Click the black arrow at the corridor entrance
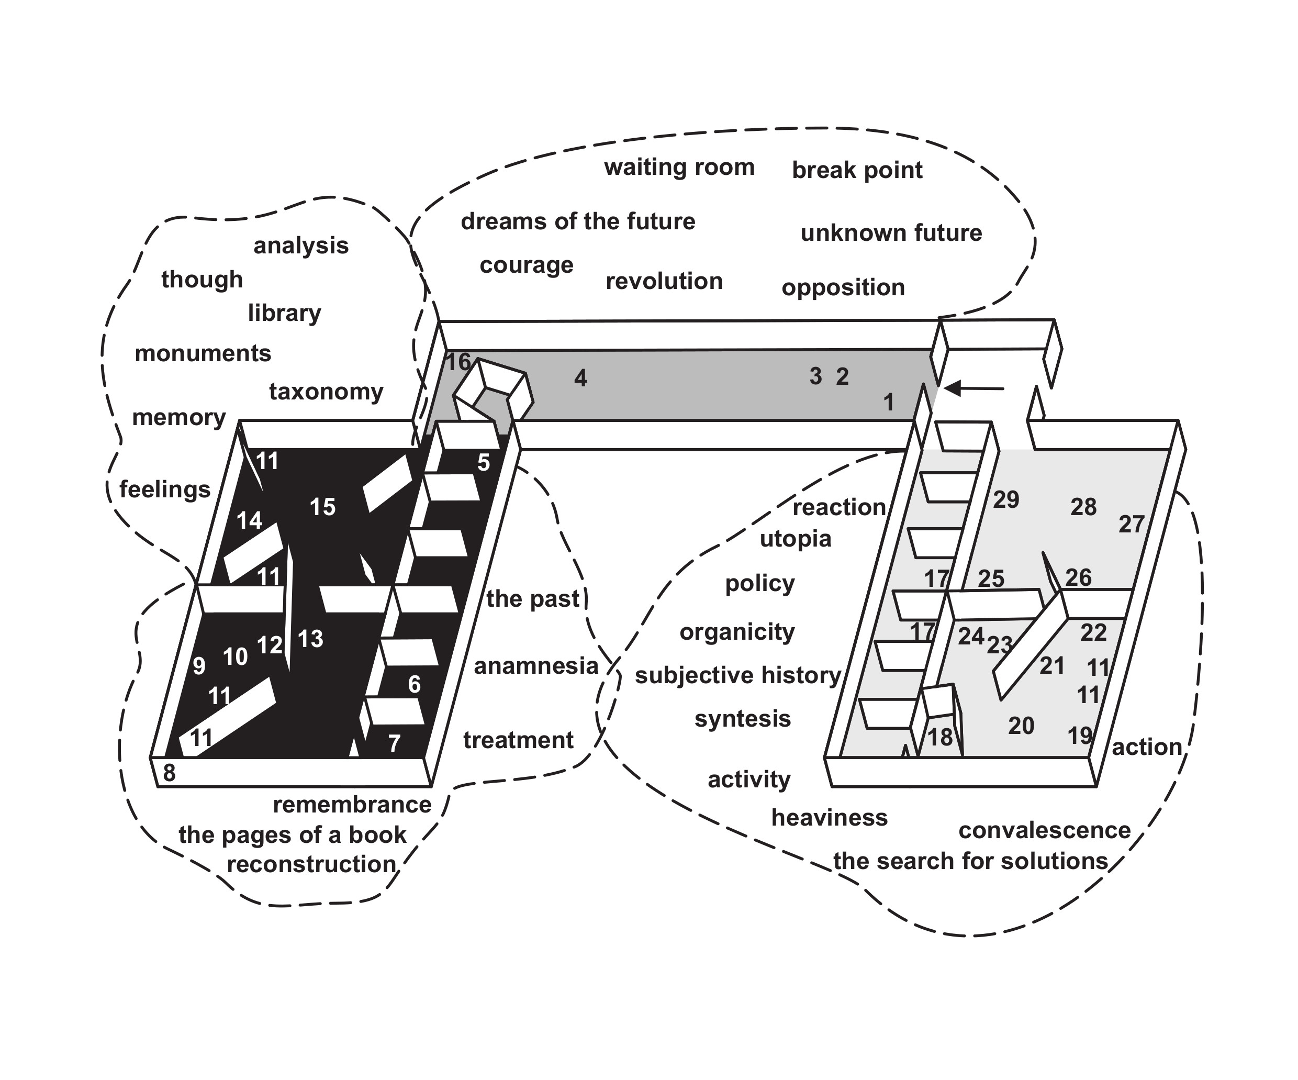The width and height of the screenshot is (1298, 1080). tap(974, 388)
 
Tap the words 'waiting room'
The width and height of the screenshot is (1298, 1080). tap(679, 168)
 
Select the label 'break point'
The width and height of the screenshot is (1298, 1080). tap(857, 170)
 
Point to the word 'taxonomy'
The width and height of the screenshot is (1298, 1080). tap(326, 392)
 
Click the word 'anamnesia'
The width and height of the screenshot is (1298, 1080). tap(535, 666)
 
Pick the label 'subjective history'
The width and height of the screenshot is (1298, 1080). tap(737, 675)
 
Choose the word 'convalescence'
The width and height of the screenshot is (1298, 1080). tap(1044, 830)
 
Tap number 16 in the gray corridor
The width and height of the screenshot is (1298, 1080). tap(458, 362)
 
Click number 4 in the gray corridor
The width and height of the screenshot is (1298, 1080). tap(580, 378)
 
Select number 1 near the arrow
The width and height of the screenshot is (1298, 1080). tap(888, 403)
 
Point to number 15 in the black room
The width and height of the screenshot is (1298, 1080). tap(322, 507)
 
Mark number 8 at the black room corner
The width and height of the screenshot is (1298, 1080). tap(169, 773)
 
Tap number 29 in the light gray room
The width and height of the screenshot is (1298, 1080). tap(1005, 499)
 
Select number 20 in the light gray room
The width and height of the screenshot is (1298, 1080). tap(1021, 726)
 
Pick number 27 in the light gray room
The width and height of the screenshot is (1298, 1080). tap(1131, 524)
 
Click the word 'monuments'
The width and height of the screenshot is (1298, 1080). tap(203, 353)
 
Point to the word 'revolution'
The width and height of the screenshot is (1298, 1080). tap(664, 281)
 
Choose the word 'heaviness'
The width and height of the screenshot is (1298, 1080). tap(829, 818)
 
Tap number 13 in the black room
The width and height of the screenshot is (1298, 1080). tap(310, 639)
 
